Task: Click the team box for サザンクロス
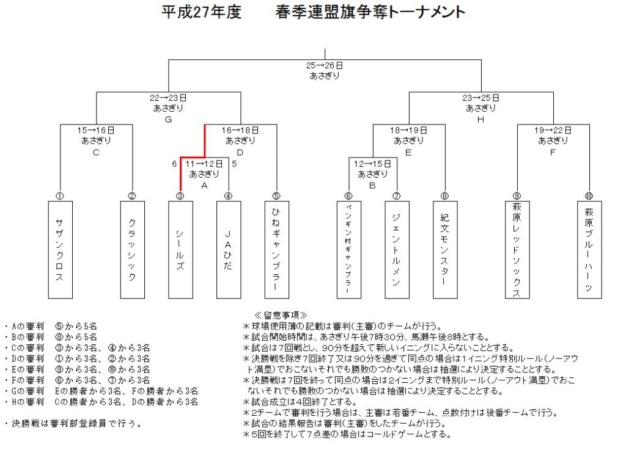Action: (x=61, y=250)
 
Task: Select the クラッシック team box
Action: (x=133, y=250)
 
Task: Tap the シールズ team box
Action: (x=180, y=250)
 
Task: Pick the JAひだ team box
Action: (x=229, y=250)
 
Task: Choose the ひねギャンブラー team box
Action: (x=277, y=250)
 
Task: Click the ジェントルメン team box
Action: (x=397, y=250)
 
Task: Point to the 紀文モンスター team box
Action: (x=445, y=250)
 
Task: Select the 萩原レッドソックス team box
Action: (x=517, y=250)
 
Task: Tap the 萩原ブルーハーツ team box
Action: (x=589, y=250)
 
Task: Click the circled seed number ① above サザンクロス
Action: (x=59, y=196)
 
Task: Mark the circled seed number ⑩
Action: (x=589, y=196)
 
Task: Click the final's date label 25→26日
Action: (x=325, y=65)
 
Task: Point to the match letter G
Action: (x=168, y=120)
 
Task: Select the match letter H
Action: (x=481, y=120)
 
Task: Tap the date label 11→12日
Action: (x=204, y=164)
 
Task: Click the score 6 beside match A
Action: (x=174, y=164)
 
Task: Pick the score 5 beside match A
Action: (x=234, y=164)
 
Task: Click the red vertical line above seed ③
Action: (x=180, y=174)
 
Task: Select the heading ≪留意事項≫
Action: (x=281, y=315)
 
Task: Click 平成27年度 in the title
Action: (x=202, y=12)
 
